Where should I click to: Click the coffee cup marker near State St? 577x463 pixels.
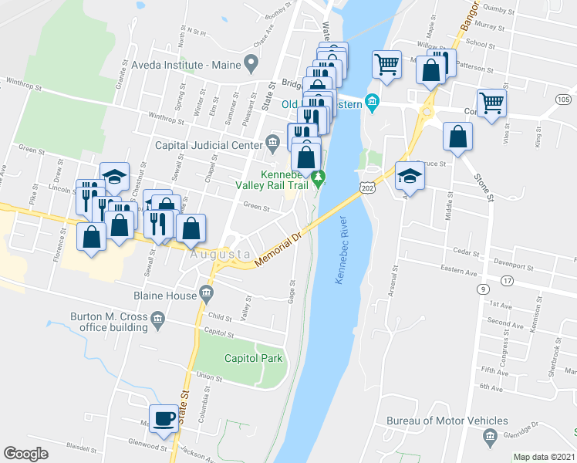coord(162,419)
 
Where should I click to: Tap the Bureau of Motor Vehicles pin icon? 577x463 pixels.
coord(490,438)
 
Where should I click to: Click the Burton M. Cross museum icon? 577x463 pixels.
coord(157,318)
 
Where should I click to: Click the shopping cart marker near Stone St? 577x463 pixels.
coord(491,103)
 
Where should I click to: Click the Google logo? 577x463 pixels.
coord(26,454)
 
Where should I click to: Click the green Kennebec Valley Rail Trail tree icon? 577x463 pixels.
coord(319,179)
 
